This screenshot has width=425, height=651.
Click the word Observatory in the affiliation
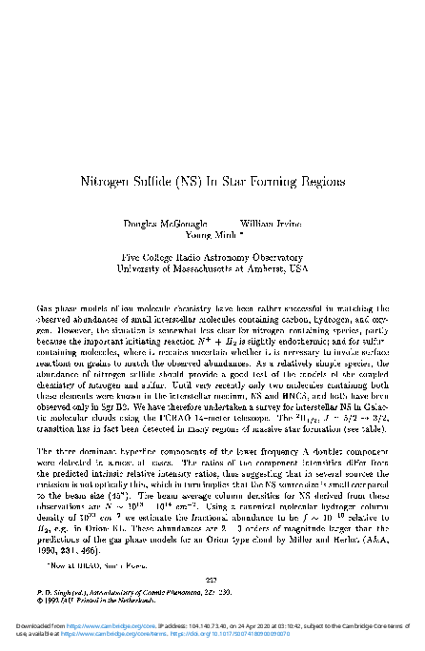click(276, 258)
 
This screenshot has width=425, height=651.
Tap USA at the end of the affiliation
click(298, 269)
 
